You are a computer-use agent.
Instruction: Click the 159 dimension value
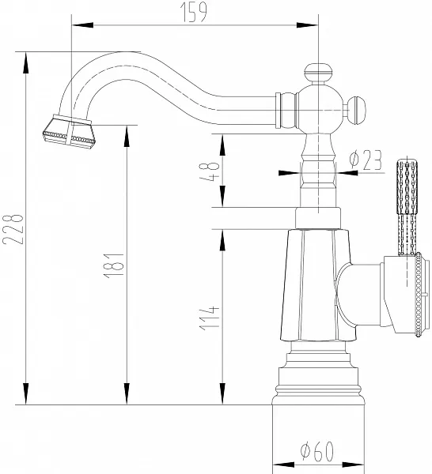194,12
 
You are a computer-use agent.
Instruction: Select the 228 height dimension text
13,229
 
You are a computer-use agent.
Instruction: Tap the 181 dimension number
114,265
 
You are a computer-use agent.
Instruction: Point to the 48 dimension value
209,171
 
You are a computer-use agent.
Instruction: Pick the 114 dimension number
209,318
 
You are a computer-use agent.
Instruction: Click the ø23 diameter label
366,160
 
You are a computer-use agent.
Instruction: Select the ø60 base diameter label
317,451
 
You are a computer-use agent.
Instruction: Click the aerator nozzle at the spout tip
69,132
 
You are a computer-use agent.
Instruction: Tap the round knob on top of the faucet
318,73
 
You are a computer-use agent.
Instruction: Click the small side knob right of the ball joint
356,110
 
